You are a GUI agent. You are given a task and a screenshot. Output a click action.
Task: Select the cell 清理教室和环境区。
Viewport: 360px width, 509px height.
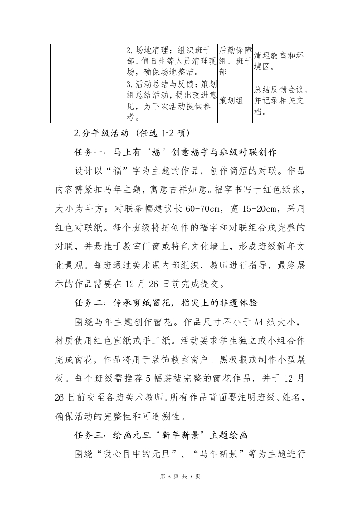click(x=281, y=61)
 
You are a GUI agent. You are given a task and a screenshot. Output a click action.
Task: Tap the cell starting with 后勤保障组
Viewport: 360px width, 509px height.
click(x=235, y=61)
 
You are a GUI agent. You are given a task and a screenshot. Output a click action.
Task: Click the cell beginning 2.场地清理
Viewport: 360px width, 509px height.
click(x=172, y=61)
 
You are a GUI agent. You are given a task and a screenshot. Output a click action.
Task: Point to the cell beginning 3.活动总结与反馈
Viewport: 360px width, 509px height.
click(x=172, y=101)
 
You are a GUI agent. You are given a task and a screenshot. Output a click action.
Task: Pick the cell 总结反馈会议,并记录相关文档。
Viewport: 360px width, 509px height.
click(x=281, y=101)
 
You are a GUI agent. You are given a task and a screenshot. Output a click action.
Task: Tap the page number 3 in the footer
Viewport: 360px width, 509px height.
click(x=169, y=476)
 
